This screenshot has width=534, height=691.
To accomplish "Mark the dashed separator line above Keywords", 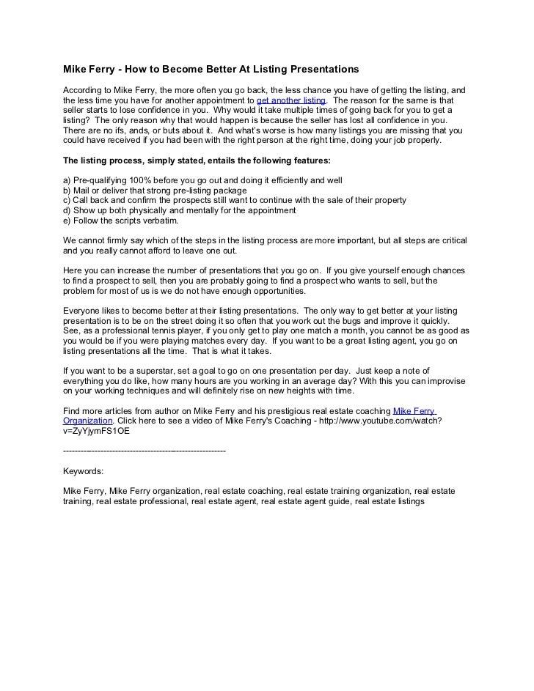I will click(145, 451).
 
